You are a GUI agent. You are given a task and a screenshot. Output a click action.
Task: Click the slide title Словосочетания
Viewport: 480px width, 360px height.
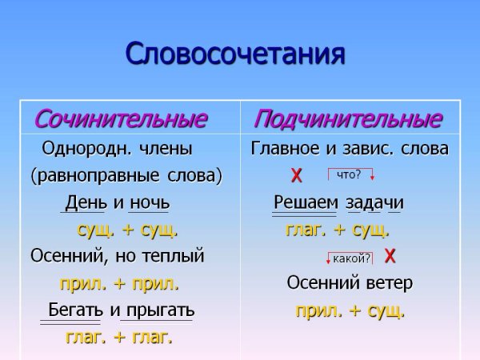click(x=235, y=54)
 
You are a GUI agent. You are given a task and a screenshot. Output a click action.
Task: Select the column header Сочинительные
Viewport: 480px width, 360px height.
click(x=120, y=119)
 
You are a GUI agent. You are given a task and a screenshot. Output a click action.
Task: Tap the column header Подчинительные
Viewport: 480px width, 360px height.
click(x=347, y=119)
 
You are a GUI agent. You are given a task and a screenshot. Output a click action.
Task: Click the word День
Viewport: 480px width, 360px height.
click(x=86, y=202)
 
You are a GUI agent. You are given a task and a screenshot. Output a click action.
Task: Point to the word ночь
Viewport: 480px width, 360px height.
click(x=149, y=202)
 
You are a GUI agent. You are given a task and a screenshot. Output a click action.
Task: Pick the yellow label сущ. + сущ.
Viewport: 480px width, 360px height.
click(x=128, y=230)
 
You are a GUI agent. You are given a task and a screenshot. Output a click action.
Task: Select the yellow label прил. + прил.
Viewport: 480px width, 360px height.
click(x=119, y=284)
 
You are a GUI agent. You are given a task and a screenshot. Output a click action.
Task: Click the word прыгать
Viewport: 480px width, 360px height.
click(x=159, y=310)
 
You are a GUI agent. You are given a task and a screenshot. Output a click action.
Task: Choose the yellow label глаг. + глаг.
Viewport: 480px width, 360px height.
click(x=118, y=337)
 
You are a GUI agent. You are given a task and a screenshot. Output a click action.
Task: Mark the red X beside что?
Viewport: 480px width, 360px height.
click(x=297, y=176)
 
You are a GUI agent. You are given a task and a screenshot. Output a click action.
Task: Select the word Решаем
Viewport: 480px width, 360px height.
click(x=306, y=202)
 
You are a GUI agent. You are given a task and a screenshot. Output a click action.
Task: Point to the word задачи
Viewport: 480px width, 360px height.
click(x=374, y=202)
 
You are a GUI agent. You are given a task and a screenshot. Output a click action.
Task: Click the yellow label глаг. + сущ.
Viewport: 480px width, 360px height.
click(x=338, y=230)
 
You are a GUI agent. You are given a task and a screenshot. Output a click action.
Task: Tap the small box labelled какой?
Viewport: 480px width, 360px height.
click(x=350, y=258)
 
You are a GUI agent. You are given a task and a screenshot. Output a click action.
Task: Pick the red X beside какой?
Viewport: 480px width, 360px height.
click(x=390, y=256)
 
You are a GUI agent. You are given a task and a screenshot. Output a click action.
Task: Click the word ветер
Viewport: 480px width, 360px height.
click(x=386, y=283)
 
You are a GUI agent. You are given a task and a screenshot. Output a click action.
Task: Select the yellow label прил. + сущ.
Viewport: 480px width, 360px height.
click(x=350, y=310)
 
